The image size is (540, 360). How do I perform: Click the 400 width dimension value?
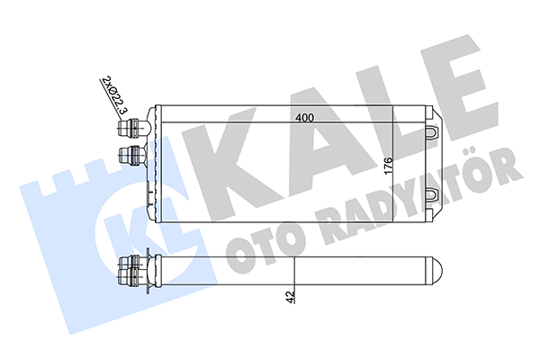click(x=305, y=118)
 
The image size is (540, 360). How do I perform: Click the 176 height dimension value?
click(x=388, y=166)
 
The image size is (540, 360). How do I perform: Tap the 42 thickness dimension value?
click(x=291, y=297)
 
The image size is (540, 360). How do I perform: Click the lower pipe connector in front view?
click(x=131, y=156)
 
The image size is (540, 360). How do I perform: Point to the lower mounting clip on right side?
click(x=432, y=194)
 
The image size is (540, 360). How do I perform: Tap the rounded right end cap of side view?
click(x=436, y=271)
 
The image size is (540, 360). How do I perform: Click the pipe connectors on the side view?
click(x=132, y=271)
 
